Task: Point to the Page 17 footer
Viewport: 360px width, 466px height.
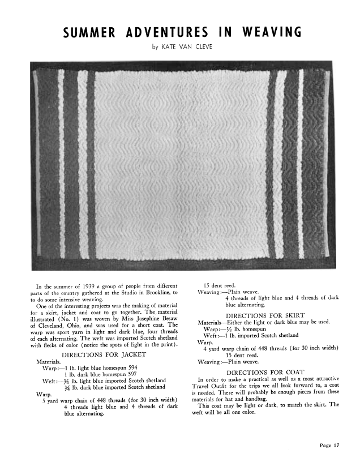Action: (329, 445)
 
